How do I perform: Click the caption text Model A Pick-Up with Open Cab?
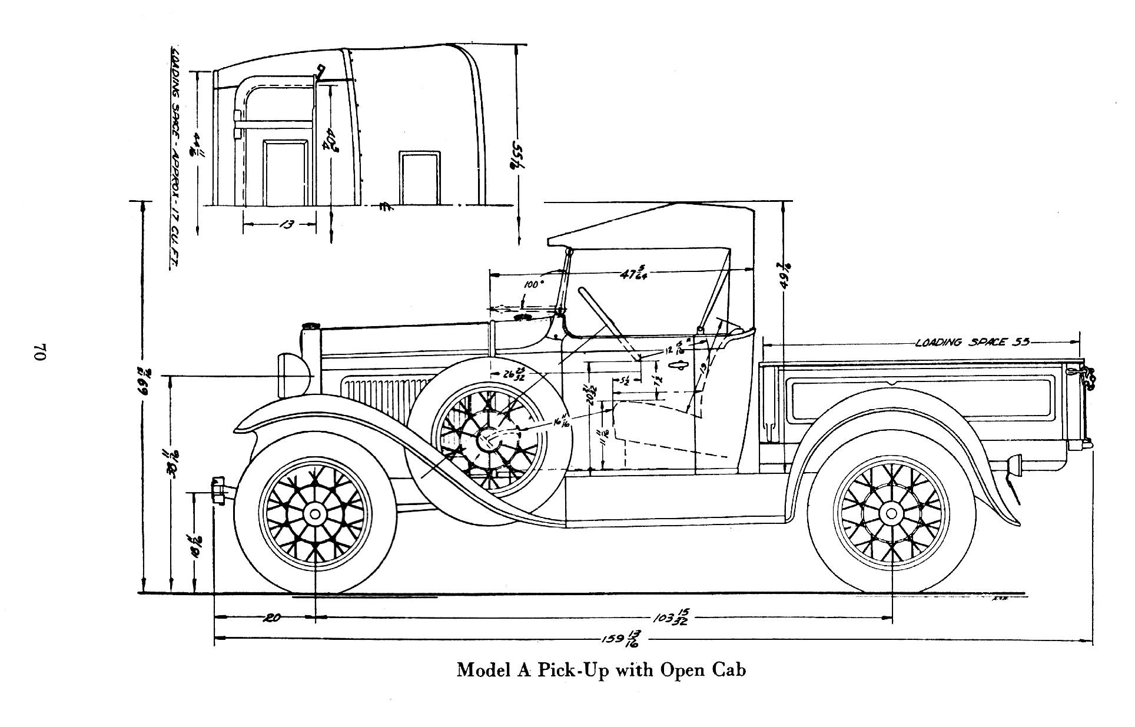601,670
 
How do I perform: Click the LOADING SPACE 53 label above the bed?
972,342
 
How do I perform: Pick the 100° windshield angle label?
533,284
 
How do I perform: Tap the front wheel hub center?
315,514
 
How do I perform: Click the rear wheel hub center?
891,514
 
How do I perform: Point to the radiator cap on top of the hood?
310,326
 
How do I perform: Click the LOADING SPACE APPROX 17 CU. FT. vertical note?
175,159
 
